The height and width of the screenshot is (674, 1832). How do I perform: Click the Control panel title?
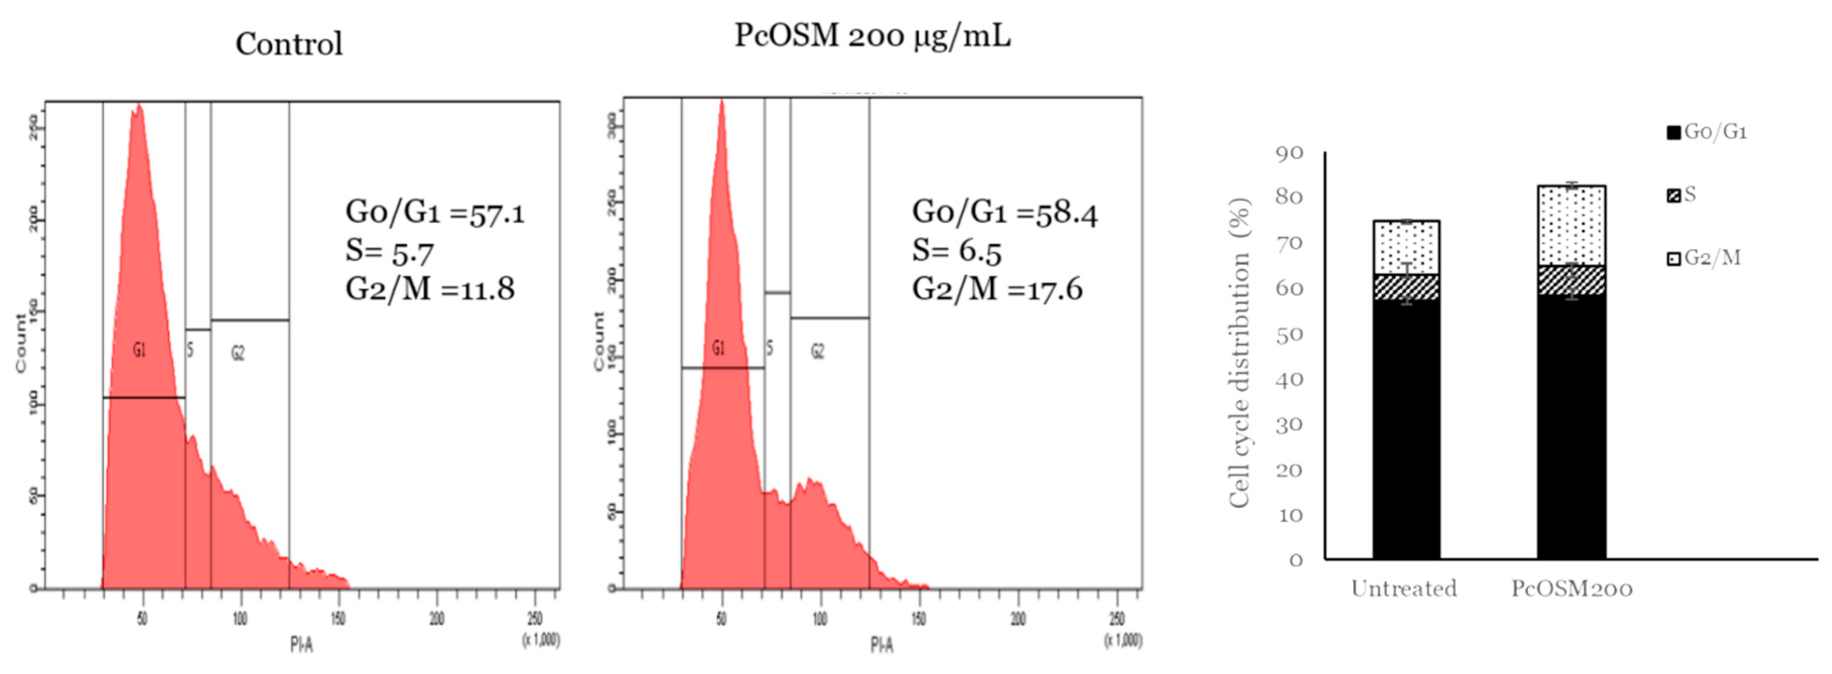pyautogui.click(x=289, y=44)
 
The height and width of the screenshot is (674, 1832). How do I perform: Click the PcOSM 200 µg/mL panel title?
pyautogui.click(x=872, y=35)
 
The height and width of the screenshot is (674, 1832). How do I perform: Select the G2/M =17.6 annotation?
pyautogui.click(x=997, y=289)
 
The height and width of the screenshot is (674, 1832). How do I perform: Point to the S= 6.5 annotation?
pyautogui.click(x=957, y=250)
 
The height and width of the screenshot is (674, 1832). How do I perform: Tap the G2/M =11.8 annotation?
pyautogui.click(x=430, y=289)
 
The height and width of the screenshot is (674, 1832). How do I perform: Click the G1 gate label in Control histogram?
pyautogui.click(x=139, y=350)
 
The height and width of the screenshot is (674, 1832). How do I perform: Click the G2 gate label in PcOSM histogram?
pyautogui.click(x=818, y=351)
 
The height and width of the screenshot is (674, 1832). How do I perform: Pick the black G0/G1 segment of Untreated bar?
pyautogui.click(x=1406, y=427)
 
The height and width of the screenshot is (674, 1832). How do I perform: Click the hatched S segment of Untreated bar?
pyautogui.click(x=1406, y=287)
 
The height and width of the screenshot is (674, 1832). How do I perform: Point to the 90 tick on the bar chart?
pyautogui.click(x=1290, y=153)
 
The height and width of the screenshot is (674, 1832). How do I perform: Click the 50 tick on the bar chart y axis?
pyautogui.click(x=1290, y=335)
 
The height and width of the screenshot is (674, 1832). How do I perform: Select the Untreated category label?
pyautogui.click(x=1404, y=589)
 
